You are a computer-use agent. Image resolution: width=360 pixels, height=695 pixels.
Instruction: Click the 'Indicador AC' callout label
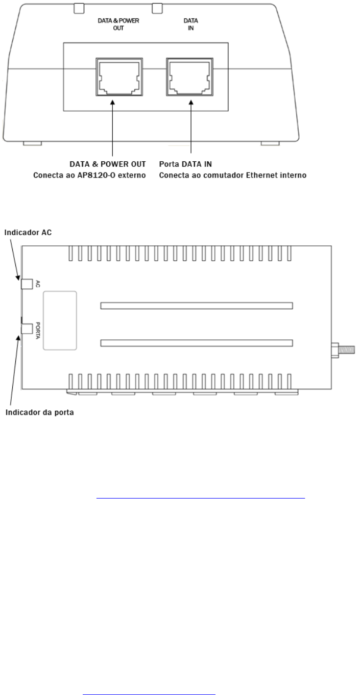(x=28, y=232)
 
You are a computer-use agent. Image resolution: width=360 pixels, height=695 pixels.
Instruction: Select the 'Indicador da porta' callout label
(x=39, y=413)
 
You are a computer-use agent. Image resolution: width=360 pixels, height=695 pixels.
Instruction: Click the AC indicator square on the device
(x=27, y=284)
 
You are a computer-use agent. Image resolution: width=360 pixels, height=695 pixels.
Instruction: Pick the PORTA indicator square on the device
(x=27, y=328)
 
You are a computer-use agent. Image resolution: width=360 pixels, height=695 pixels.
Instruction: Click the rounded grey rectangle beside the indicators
(x=60, y=320)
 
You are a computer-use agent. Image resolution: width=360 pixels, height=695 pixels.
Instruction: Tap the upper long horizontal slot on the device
(x=197, y=306)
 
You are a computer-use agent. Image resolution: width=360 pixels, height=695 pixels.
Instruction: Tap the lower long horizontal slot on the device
(x=197, y=343)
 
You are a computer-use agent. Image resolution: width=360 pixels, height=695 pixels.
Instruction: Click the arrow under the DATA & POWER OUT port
(x=112, y=128)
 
